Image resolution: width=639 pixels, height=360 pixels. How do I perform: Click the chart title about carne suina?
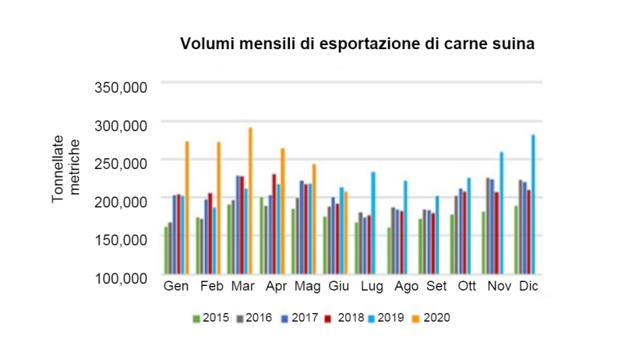[358, 44]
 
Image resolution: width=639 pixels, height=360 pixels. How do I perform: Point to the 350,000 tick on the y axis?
[121, 86]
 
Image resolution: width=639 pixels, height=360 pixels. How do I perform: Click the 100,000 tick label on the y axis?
[121, 277]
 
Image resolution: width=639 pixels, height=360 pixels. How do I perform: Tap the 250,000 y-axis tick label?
[121, 163]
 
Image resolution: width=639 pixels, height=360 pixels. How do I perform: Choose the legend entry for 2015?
[210, 318]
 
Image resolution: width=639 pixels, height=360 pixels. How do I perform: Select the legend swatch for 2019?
[373, 318]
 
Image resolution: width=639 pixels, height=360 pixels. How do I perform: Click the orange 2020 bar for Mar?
[250, 200]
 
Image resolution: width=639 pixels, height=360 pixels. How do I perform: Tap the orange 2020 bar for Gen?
[187, 207]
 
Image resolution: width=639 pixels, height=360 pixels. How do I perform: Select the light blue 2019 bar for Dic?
[533, 204]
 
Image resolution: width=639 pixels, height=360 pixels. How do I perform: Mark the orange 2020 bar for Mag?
[313, 219]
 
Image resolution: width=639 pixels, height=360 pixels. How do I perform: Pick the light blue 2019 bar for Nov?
[501, 213]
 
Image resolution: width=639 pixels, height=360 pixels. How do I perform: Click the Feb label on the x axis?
[211, 287]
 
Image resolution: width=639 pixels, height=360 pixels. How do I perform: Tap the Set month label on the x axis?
[436, 287]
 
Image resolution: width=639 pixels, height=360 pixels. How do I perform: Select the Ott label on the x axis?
[468, 287]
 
